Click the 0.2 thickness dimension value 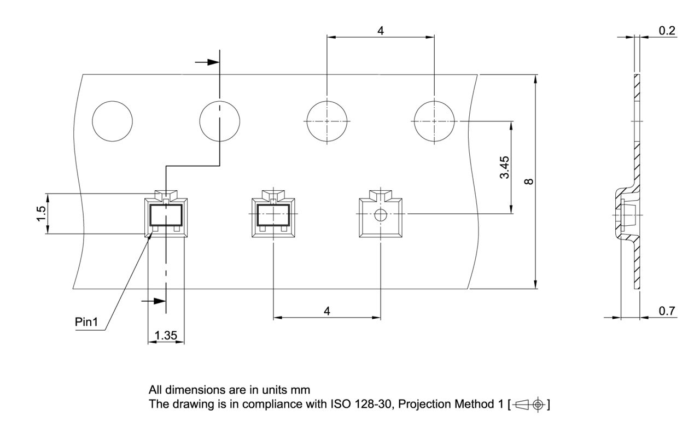pos(667,31)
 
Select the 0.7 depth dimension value pos(667,311)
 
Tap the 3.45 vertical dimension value pos(504,167)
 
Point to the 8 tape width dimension pos(529,182)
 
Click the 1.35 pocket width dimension pos(166,336)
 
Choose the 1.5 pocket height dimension pos(41,214)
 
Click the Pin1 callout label pos(86,322)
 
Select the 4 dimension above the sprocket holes pos(380,31)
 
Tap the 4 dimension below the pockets pos(327,311)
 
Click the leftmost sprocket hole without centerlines pos(112,121)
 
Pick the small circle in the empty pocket pos(380,215)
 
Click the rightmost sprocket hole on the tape pos(434,121)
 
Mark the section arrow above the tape pos(207,62)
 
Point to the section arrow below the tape pos(154,301)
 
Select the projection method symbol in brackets pos(529,405)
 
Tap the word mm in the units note pos(300,390)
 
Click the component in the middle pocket pos(273,215)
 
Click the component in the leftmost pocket pos(166,215)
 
